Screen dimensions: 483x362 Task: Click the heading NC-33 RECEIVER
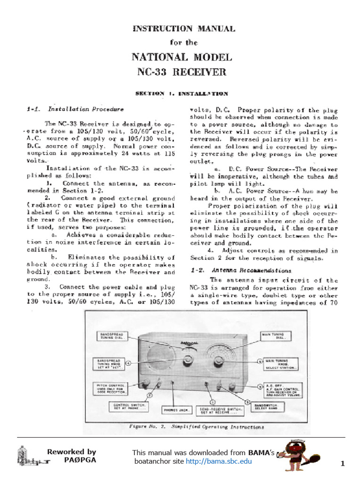pyautogui.click(x=181, y=72)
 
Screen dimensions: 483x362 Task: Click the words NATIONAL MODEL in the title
pyautogui.click(x=181, y=58)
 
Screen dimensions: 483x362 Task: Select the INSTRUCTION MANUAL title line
pyautogui.click(x=184, y=29)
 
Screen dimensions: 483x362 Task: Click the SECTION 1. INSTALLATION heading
pyautogui.click(x=181, y=93)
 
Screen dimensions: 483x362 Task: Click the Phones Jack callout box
pyautogui.click(x=176, y=410)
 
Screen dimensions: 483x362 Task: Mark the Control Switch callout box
pyautogui.click(x=130, y=406)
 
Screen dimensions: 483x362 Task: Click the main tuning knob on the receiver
pyautogui.click(x=218, y=362)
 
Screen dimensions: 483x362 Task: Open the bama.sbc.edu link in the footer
pyautogui.click(x=219, y=461)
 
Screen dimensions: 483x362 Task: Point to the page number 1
pyautogui.click(x=343, y=464)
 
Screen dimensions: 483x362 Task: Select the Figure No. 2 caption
pyautogui.click(x=197, y=426)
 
